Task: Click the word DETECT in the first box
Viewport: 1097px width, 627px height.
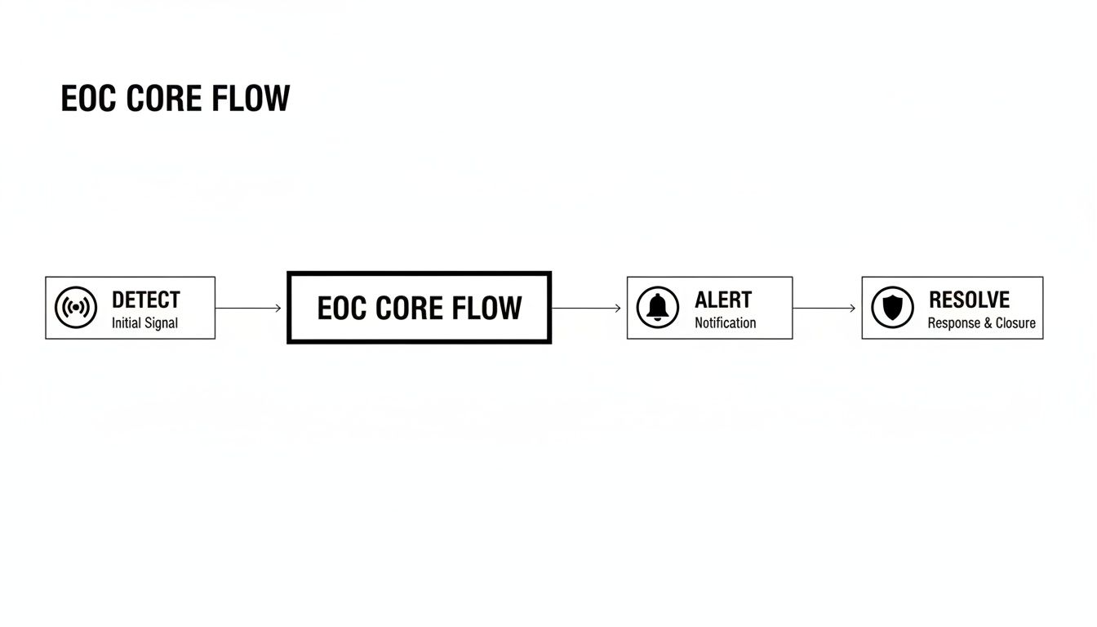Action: pyautogui.click(x=145, y=300)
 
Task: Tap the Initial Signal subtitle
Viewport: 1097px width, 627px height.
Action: pyautogui.click(x=144, y=323)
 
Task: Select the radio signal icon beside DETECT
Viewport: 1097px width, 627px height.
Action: pyautogui.click(x=76, y=308)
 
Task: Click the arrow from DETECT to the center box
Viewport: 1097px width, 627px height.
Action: pyautogui.click(x=249, y=308)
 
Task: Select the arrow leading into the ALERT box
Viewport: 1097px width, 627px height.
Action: pyautogui.click(x=587, y=308)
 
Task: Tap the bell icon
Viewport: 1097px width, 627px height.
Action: pyautogui.click(x=657, y=308)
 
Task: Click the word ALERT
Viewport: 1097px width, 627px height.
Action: pyautogui.click(x=723, y=300)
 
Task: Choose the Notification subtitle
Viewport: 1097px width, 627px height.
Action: pyautogui.click(x=725, y=323)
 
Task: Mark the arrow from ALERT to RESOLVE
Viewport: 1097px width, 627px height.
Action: pyautogui.click(x=824, y=308)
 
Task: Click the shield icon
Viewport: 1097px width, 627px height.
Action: pyautogui.click(x=892, y=308)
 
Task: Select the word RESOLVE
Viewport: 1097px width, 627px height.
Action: pyautogui.click(x=969, y=300)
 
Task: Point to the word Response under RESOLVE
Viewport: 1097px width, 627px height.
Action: pyautogui.click(x=954, y=323)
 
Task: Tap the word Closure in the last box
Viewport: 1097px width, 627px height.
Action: pyautogui.click(x=1015, y=323)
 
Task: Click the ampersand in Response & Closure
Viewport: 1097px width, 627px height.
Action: pyautogui.click(x=988, y=323)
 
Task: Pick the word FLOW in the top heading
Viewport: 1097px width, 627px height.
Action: pyautogui.click(x=251, y=99)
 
